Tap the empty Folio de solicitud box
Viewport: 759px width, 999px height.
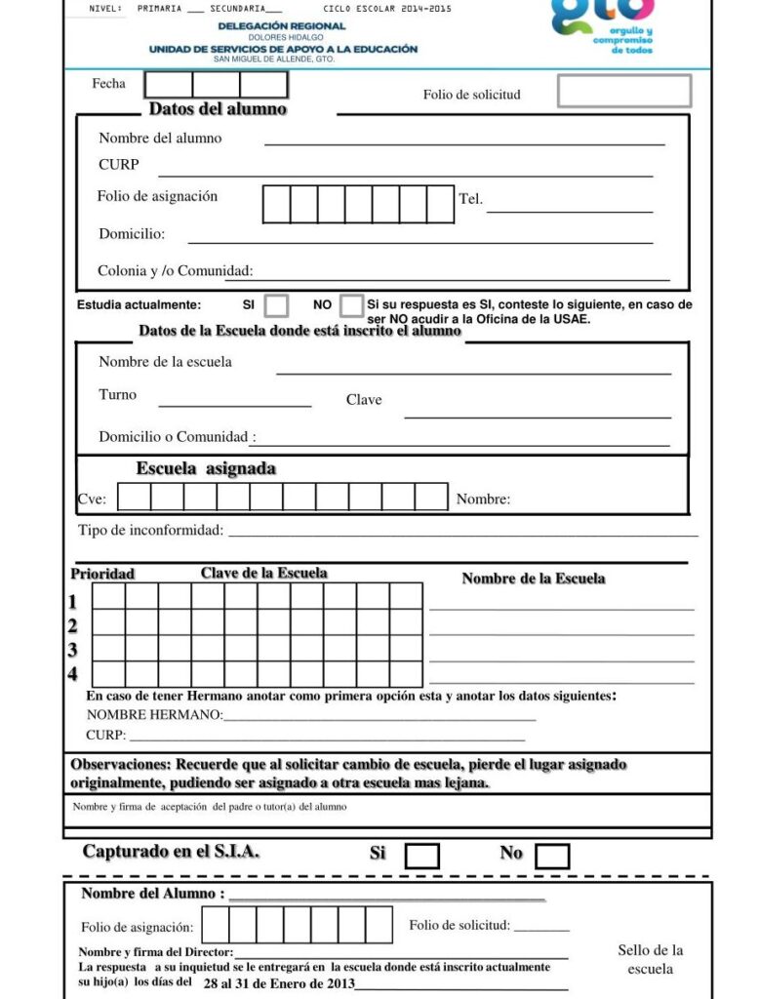click(x=624, y=91)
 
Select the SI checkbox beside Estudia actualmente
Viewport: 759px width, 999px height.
click(x=277, y=305)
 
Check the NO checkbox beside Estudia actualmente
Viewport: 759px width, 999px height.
click(x=352, y=305)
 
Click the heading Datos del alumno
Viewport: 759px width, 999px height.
click(x=218, y=108)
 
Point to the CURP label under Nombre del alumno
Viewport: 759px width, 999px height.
click(x=119, y=165)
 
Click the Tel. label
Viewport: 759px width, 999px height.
click(x=470, y=199)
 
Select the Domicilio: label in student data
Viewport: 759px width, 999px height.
click(x=132, y=234)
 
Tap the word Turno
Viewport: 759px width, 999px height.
click(x=118, y=395)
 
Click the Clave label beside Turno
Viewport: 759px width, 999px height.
click(x=364, y=400)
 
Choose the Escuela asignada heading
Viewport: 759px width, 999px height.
click(x=206, y=469)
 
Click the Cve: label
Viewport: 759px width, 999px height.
click(x=92, y=499)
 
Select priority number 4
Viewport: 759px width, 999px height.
click(x=73, y=673)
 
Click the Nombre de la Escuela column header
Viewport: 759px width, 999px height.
click(x=533, y=579)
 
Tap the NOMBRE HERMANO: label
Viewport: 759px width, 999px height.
click(x=154, y=715)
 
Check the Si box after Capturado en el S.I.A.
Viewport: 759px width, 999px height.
click(x=421, y=856)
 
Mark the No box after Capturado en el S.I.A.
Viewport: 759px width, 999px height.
click(x=552, y=856)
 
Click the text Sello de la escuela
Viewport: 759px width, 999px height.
click(x=651, y=959)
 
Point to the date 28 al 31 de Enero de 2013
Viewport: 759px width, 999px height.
click(x=279, y=983)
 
